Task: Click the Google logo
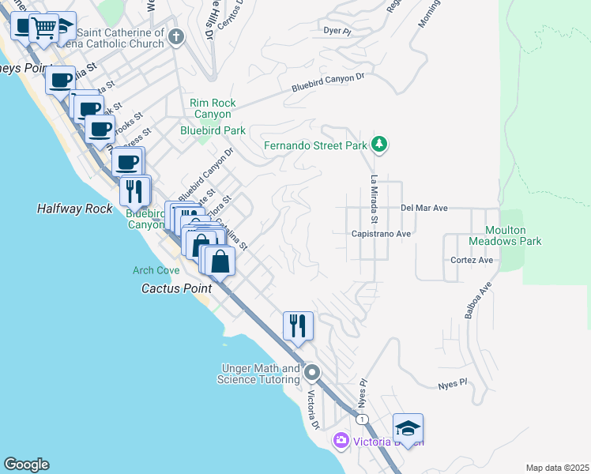tap(26, 465)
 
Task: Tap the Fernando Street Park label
tap(315, 145)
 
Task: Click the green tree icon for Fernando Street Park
tap(380, 144)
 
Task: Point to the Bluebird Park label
tap(213, 130)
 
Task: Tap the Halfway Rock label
tap(70, 209)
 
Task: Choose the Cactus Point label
tap(176, 288)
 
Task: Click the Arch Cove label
tap(156, 270)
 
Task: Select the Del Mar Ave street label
tap(424, 208)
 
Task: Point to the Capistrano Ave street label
tap(382, 234)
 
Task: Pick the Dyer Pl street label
tap(337, 31)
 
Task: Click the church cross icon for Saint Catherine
tap(176, 36)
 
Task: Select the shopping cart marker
tap(44, 28)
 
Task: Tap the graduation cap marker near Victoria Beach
tap(408, 428)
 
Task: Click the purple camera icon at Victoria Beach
tap(341, 439)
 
